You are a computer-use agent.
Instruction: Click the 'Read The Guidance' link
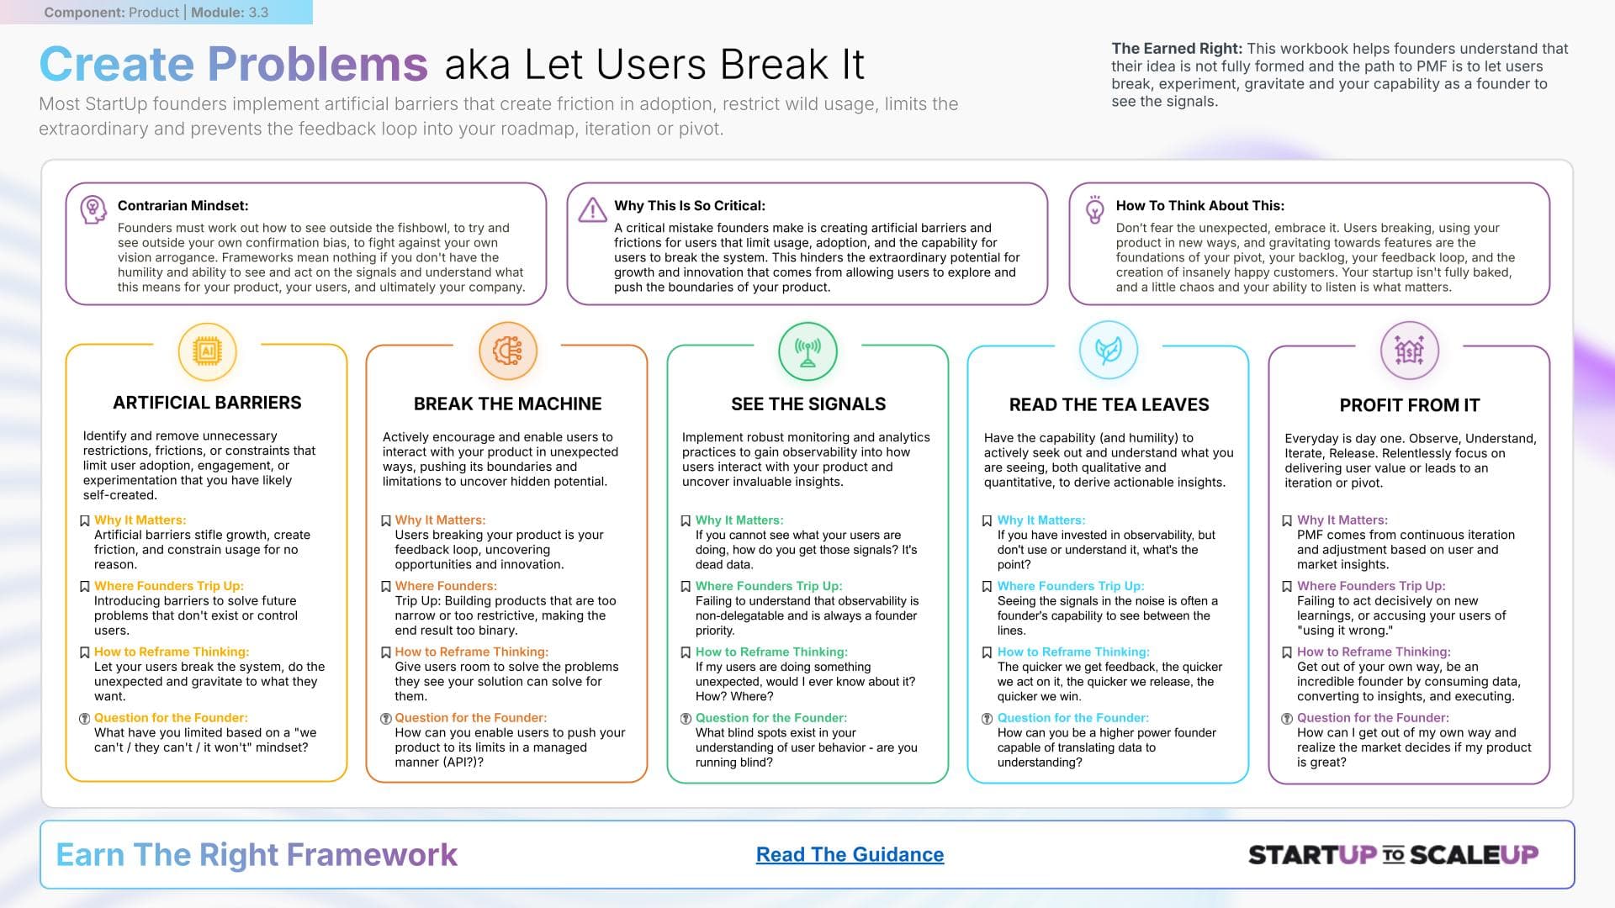tap(850, 854)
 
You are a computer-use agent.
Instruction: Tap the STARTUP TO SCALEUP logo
tap(1393, 855)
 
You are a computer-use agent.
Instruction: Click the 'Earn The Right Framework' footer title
tap(257, 854)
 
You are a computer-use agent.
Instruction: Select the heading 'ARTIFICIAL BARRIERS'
tap(207, 403)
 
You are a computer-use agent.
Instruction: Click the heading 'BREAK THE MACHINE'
tap(507, 404)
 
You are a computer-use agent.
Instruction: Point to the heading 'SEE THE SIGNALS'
tap(808, 404)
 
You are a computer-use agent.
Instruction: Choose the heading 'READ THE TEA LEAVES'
tap(1109, 405)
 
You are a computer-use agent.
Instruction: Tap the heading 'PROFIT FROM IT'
tap(1409, 405)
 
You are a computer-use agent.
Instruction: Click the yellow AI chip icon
tap(207, 351)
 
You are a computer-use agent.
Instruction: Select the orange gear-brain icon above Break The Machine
tap(507, 351)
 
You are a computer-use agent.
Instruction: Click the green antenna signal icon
tap(807, 351)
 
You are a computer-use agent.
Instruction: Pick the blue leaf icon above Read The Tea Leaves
tap(1109, 351)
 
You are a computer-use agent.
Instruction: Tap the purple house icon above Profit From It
tap(1409, 351)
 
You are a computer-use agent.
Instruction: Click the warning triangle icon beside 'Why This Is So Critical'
tap(593, 209)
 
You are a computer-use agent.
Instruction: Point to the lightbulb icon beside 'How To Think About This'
tap(1095, 210)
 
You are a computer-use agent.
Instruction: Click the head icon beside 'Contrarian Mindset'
tap(93, 209)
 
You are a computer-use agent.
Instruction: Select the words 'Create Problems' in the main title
tap(234, 64)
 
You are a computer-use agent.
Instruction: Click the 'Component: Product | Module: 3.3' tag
tap(156, 13)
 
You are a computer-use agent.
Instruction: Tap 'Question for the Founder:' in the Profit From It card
tap(1373, 718)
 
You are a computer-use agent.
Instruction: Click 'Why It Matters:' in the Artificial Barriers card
tap(140, 520)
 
